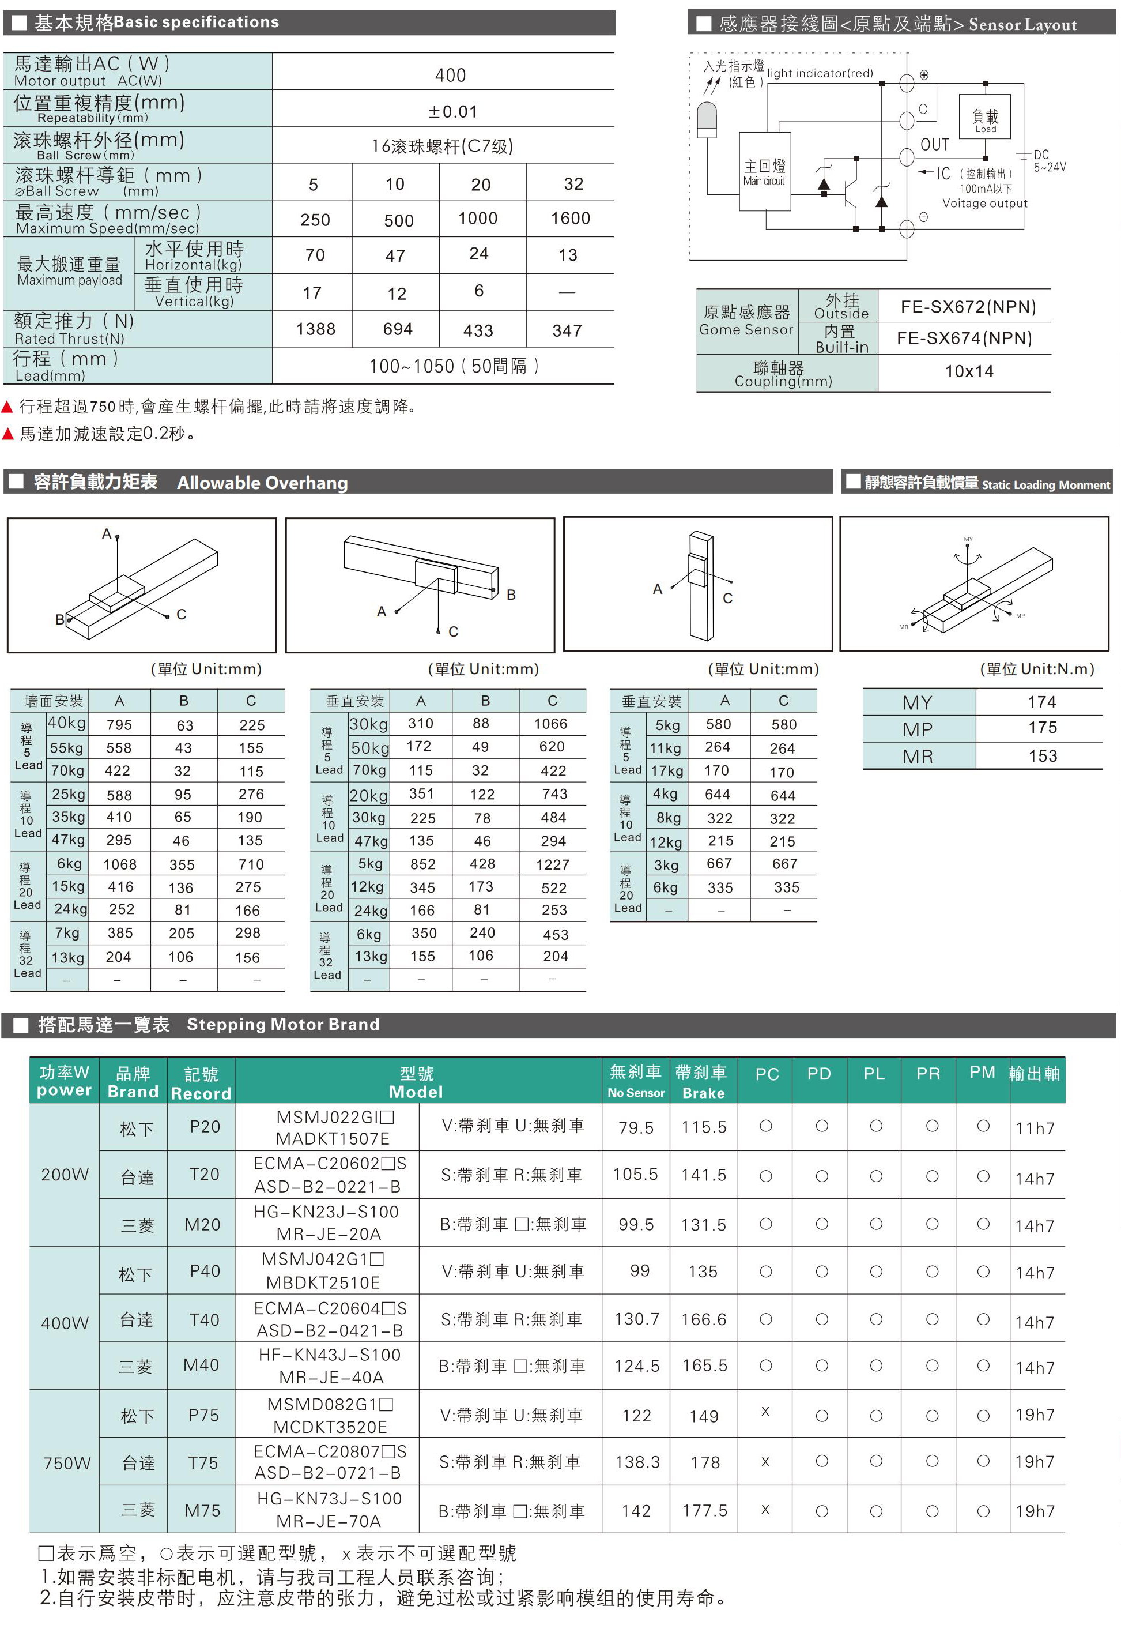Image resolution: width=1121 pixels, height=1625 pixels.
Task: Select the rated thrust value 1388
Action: (x=315, y=329)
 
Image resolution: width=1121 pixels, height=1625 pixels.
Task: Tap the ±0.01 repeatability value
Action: (x=453, y=112)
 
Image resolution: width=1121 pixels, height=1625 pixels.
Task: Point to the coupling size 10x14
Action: (x=969, y=371)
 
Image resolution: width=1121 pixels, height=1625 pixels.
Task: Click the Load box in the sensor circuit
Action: (x=985, y=120)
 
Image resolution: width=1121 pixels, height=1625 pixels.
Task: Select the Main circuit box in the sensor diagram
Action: (x=765, y=172)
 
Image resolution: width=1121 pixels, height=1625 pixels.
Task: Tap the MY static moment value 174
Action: (x=1041, y=702)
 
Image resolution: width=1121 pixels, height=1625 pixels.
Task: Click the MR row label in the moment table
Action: (x=918, y=757)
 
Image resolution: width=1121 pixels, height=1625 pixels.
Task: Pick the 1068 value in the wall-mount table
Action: (x=120, y=864)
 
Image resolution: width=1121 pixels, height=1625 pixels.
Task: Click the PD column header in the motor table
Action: (x=819, y=1074)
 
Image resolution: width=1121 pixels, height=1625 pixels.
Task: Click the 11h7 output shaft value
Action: (x=1035, y=1129)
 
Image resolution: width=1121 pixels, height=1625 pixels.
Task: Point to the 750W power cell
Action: (x=67, y=1463)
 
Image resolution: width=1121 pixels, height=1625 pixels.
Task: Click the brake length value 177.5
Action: (x=704, y=1510)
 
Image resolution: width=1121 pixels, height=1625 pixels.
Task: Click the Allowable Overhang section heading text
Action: (x=262, y=483)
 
